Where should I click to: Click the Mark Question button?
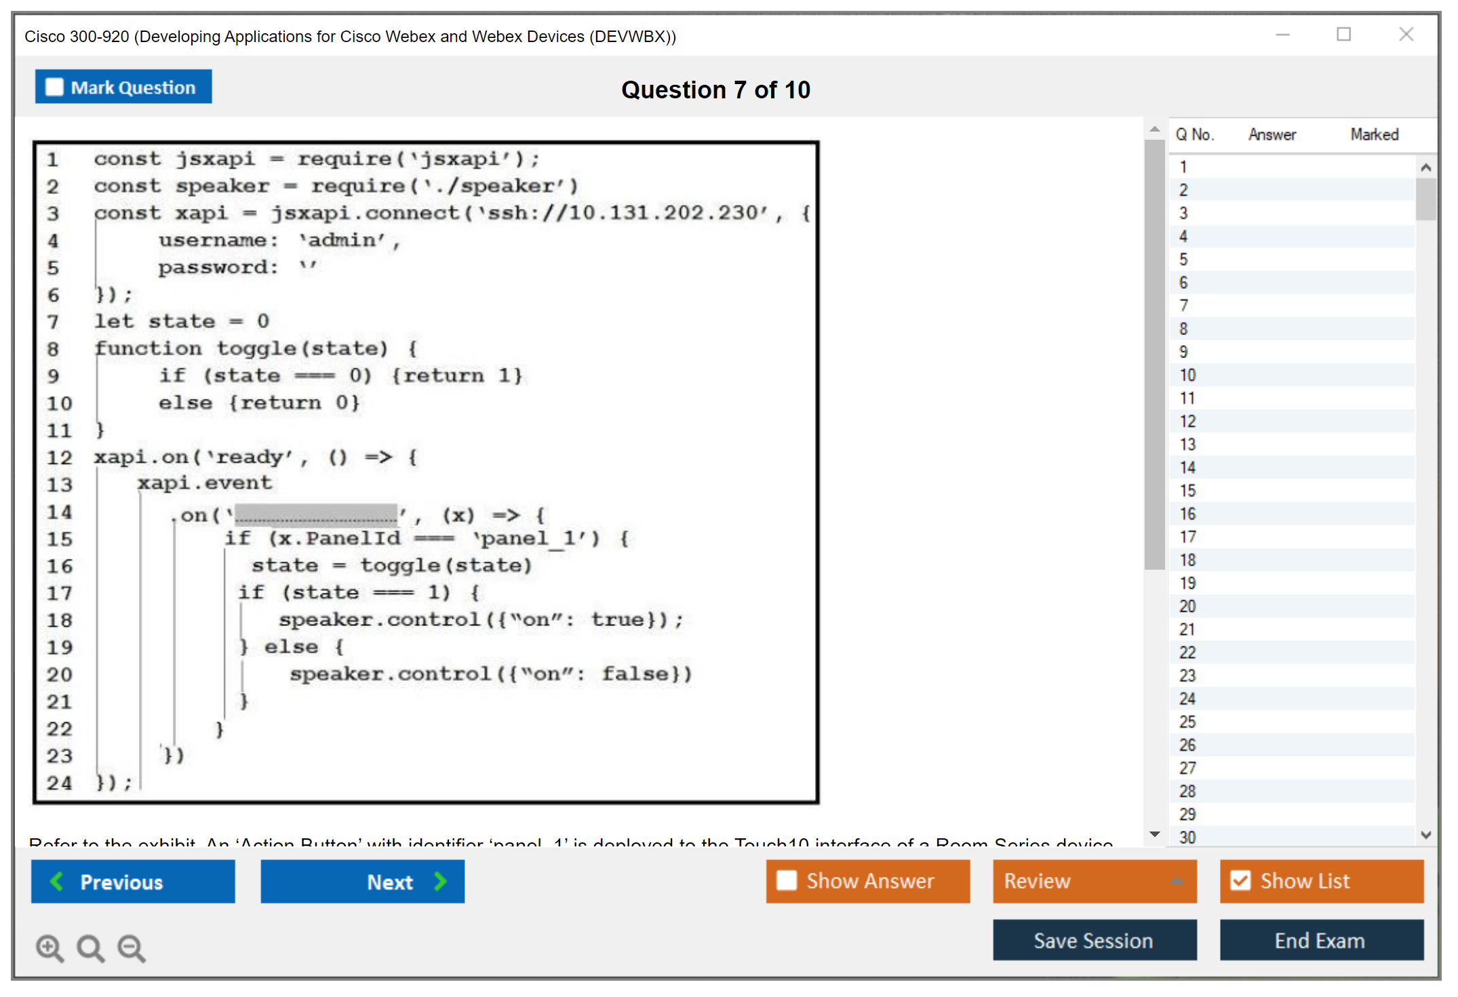[x=123, y=87]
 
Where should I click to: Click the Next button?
[x=363, y=882]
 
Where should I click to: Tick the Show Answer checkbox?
[x=787, y=880]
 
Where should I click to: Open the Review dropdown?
[x=1095, y=881]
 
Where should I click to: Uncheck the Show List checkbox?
[x=1241, y=880]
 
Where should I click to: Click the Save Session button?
[x=1094, y=941]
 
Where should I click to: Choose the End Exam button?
[x=1320, y=941]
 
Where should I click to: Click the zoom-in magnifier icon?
[x=50, y=947]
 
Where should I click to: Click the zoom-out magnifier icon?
[x=131, y=947]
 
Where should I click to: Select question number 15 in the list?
[x=1187, y=490]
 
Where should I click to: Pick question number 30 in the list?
[x=1187, y=838]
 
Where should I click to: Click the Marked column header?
[x=1374, y=134]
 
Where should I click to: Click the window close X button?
[x=1406, y=35]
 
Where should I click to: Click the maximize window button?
[x=1343, y=35]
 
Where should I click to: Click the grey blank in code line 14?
[x=316, y=515]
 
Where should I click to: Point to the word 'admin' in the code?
[x=342, y=240]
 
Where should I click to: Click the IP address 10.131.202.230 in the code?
[x=663, y=213]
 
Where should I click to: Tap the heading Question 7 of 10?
[x=715, y=90]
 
